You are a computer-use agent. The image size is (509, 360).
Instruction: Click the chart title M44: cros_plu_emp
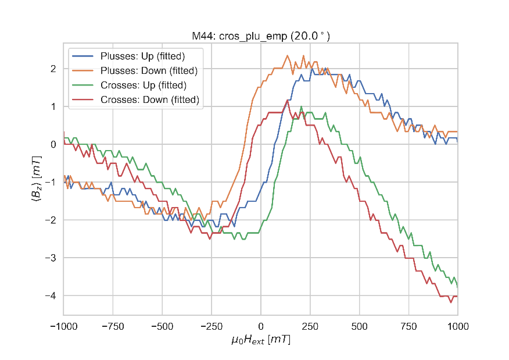pyautogui.click(x=261, y=36)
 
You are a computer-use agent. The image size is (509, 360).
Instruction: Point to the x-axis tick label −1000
pyautogui.click(x=63, y=326)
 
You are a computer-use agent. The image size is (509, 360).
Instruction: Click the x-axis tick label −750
pyautogui.click(x=112, y=326)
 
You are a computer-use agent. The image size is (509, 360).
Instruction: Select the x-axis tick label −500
pyautogui.click(x=162, y=326)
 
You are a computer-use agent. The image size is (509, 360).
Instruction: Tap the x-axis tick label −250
pyautogui.click(x=211, y=326)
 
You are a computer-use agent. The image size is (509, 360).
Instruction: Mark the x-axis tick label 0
pyautogui.click(x=261, y=326)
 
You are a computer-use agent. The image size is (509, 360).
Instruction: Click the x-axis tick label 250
pyautogui.click(x=310, y=326)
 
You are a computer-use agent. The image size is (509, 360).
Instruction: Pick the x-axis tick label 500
pyautogui.click(x=360, y=326)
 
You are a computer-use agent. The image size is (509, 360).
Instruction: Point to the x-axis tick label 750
pyautogui.click(x=409, y=326)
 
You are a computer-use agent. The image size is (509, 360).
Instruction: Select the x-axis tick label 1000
pyautogui.click(x=458, y=326)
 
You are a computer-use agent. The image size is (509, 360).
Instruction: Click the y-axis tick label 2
pyautogui.click(x=53, y=69)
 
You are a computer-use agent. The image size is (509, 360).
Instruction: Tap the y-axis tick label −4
pyautogui.click(x=51, y=296)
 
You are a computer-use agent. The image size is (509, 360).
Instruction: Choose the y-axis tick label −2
pyautogui.click(x=51, y=220)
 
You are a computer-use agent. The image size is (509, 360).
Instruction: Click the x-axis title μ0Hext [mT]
pyautogui.click(x=261, y=340)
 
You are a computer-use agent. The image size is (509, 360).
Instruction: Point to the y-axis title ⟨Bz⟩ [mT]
pyautogui.click(x=36, y=182)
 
